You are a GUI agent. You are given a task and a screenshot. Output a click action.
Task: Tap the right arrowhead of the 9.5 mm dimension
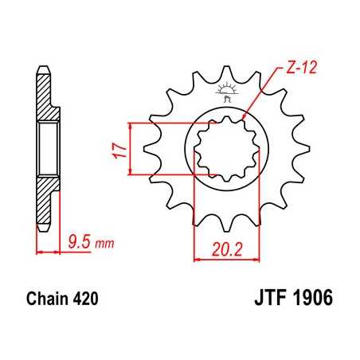[x=59, y=251]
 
